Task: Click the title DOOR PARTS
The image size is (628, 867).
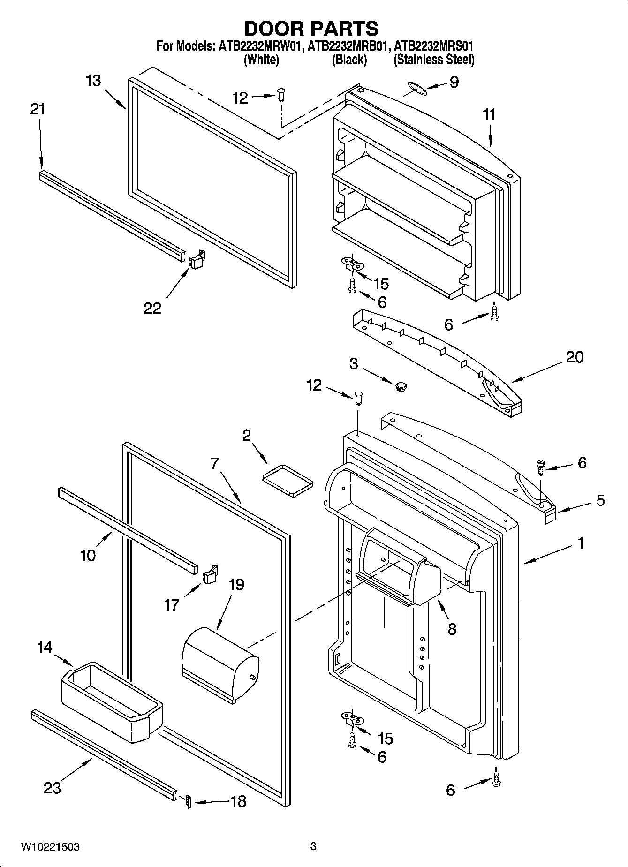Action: pos(311,29)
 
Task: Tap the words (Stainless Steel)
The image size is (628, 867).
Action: pos(434,60)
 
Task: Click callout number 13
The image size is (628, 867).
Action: pos(93,81)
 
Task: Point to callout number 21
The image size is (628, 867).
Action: pos(38,109)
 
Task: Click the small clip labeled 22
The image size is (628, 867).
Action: pos(197,259)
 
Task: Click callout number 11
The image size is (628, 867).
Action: pos(489,115)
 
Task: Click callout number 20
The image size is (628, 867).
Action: pos(574,357)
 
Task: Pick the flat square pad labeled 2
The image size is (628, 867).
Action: pos(288,480)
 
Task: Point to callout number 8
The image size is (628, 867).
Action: pos(452,629)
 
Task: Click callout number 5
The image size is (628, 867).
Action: pos(600,500)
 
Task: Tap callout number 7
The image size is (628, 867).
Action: pos(214,464)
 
